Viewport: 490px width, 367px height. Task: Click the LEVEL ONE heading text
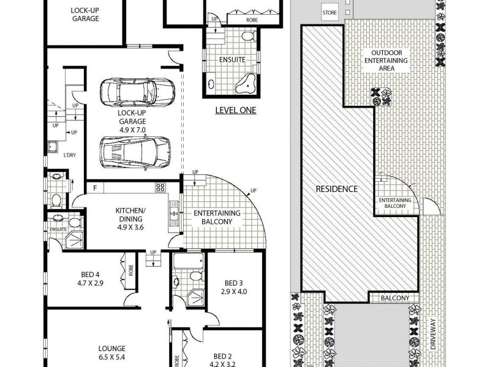point(236,111)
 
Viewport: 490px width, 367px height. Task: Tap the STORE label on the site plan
point(329,13)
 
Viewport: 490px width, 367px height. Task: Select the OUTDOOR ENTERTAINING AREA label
point(386,61)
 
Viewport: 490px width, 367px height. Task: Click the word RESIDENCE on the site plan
point(336,189)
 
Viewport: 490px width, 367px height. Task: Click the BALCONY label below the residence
point(394,298)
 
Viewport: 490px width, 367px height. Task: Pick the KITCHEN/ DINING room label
point(129,215)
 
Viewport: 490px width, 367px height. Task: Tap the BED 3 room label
point(233,283)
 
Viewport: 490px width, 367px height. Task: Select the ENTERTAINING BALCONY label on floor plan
point(217,217)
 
